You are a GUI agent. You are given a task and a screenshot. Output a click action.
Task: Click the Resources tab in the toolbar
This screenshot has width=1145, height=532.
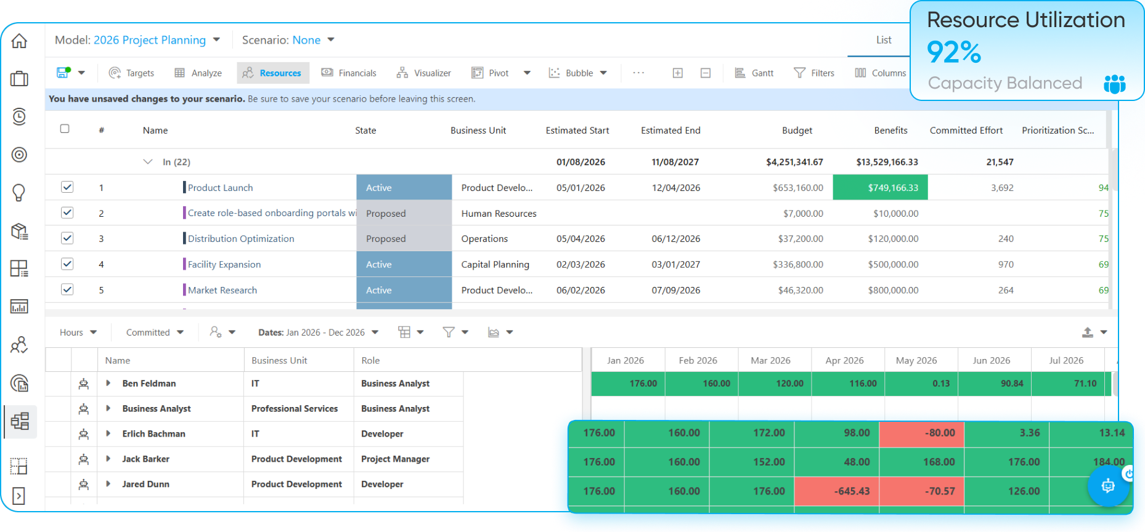click(272, 73)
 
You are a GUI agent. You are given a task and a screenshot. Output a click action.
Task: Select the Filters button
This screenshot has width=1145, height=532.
click(814, 73)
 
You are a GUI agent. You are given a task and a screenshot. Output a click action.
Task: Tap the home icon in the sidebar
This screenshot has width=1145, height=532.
click(19, 41)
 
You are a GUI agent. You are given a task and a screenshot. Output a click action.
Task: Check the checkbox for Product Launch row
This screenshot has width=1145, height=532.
click(67, 187)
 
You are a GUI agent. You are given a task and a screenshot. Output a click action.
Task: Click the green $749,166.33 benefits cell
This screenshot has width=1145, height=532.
click(880, 187)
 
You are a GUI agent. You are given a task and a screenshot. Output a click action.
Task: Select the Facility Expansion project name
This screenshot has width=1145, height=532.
click(224, 264)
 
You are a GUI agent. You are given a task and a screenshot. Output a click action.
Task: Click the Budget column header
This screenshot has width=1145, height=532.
click(797, 131)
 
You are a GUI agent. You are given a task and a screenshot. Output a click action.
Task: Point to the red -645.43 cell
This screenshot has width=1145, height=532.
click(837, 491)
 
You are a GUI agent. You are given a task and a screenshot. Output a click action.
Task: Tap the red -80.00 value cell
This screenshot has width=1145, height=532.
click(922, 433)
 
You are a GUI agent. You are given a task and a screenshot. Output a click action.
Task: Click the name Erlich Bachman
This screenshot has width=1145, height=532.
click(153, 434)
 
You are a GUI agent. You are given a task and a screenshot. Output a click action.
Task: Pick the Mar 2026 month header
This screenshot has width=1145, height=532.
click(770, 361)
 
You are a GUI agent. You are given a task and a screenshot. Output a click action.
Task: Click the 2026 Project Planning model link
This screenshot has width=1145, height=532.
click(150, 40)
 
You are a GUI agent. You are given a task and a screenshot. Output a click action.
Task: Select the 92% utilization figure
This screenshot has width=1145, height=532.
click(954, 52)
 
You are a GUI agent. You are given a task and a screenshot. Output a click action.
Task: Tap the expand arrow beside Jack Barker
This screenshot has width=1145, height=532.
click(108, 459)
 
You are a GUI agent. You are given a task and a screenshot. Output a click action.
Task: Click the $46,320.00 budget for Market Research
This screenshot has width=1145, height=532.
click(801, 290)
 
